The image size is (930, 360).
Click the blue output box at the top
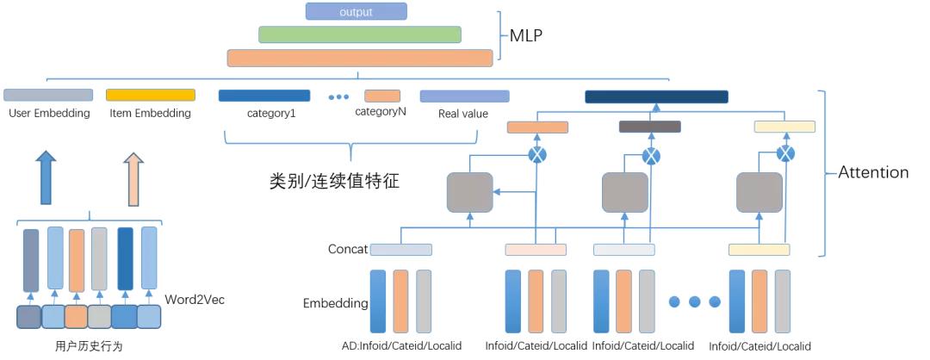click(x=356, y=11)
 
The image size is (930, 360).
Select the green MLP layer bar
click(x=360, y=34)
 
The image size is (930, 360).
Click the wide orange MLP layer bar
click(x=360, y=58)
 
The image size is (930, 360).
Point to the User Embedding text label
click(x=48, y=113)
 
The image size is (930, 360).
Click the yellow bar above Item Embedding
click(x=150, y=95)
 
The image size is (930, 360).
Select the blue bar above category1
click(x=263, y=96)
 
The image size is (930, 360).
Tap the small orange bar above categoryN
click(x=382, y=96)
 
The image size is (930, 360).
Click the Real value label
click(x=462, y=114)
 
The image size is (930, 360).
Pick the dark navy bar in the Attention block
click(x=656, y=96)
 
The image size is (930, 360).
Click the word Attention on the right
click(x=873, y=172)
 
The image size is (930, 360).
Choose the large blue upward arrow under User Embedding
click(x=47, y=178)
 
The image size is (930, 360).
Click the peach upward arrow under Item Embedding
click(x=133, y=178)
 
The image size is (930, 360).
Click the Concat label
click(x=347, y=250)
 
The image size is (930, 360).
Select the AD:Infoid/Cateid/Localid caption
click(x=401, y=345)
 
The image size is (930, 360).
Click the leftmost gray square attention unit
click(x=469, y=192)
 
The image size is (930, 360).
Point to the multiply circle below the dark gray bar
click(x=652, y=156)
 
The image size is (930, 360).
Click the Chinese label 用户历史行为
click(x=89, y=346)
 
